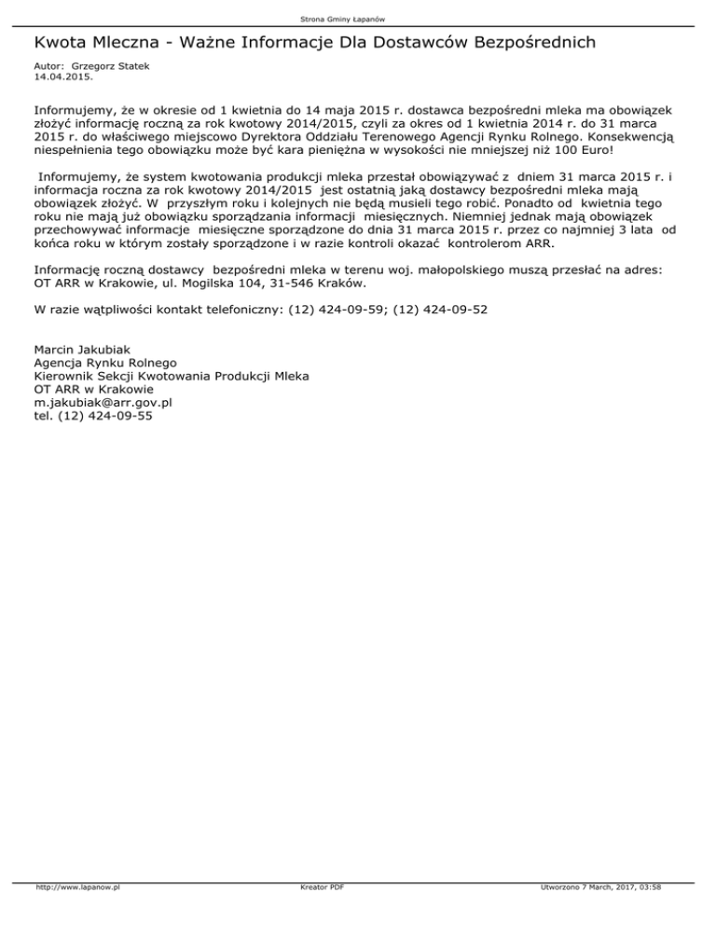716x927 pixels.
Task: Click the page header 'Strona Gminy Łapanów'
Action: coord(358,19)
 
